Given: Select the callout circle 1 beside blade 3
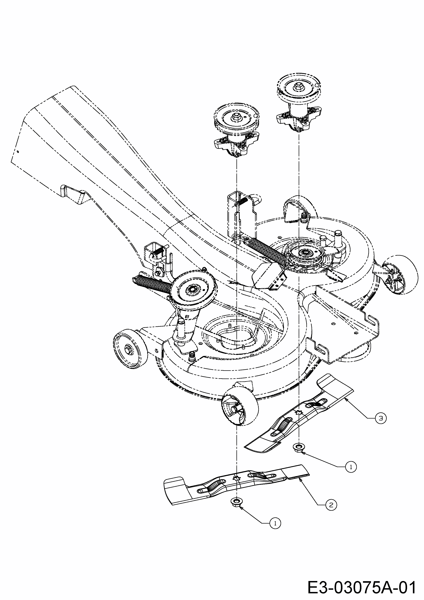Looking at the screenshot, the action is [351, 466].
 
